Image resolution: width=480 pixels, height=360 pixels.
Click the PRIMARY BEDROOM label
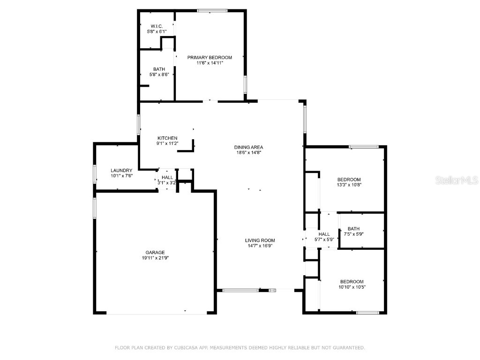(210, 57)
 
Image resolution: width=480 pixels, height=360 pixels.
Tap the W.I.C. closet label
(156, 26)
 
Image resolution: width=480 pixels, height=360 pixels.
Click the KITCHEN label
(167, 138)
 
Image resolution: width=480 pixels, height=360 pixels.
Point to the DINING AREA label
(248, 147)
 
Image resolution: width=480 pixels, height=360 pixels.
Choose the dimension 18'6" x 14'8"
(248, 152)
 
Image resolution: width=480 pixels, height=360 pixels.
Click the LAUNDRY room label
(121, 170)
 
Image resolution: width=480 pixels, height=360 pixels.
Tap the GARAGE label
(155, 252)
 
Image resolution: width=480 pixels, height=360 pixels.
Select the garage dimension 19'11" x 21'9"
(155, 258)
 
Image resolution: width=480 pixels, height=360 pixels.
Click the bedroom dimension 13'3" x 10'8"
(349, 185)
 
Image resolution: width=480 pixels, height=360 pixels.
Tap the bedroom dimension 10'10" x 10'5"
(352, 287)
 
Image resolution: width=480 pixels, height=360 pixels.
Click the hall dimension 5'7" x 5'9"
(324, 240)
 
